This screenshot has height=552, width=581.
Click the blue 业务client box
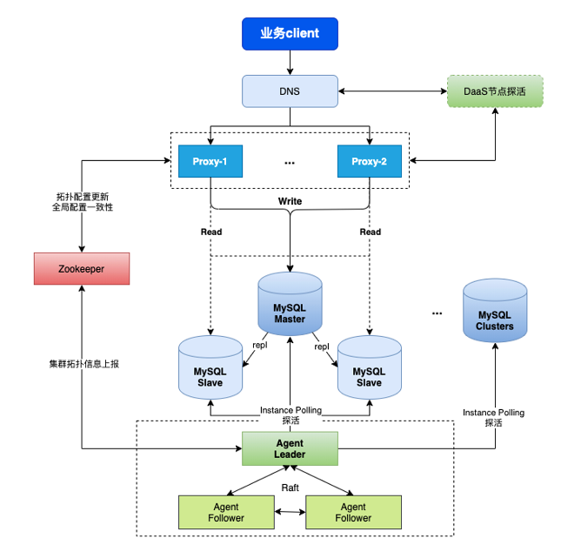click(290, 33)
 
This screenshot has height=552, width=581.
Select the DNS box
click(290, 91)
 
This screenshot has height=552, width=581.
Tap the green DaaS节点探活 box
click(495, 91)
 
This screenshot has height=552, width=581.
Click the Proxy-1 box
click(210, 161)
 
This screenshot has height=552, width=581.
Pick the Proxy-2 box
click(370, 161)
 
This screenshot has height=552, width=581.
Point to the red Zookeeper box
click(81, 269)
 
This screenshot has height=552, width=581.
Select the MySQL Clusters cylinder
click(494, 319)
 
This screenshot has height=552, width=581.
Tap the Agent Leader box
click(290, 448)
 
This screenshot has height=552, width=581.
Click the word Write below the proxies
click(290, 201)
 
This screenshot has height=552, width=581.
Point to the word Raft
click(290, 488)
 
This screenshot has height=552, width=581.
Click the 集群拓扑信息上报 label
click(83, 364)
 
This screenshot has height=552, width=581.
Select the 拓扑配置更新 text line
click(83, 196)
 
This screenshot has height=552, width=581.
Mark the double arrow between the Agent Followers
click(290, 513)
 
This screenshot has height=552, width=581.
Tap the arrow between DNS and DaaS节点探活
click(392, 91)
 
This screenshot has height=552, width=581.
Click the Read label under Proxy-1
click(210, 232)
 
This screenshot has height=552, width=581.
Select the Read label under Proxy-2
click(371, 232)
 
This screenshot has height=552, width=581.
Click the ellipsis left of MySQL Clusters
click(437, 312)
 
